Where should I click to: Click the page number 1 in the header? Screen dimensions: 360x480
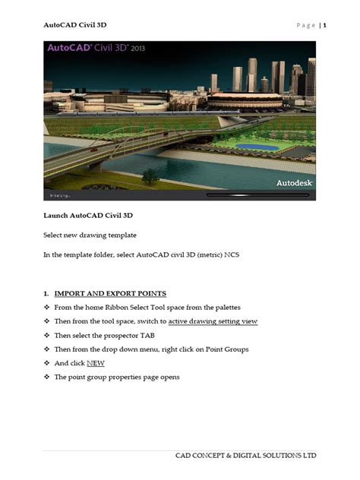(324, 25)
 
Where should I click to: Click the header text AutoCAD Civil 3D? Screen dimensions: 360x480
(74, 25)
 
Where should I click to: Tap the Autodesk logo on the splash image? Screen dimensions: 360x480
(292, 183)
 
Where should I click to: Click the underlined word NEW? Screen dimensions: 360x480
(95, 363)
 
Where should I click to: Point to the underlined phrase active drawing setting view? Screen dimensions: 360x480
(212, 321)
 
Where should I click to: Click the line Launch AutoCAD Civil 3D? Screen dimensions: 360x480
(87, 216)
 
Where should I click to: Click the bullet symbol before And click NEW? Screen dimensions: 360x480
(46, 363)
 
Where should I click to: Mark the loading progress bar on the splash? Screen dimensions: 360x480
(258, 195)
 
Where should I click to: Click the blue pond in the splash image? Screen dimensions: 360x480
(267, 147)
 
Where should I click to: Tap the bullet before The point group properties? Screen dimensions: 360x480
(46, 377)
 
